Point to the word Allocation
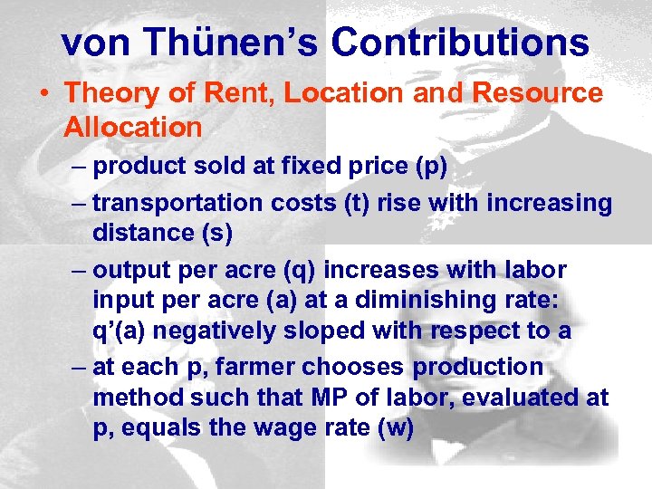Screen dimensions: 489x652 133,128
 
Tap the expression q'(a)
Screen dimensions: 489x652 127,331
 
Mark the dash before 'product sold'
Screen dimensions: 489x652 79,167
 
